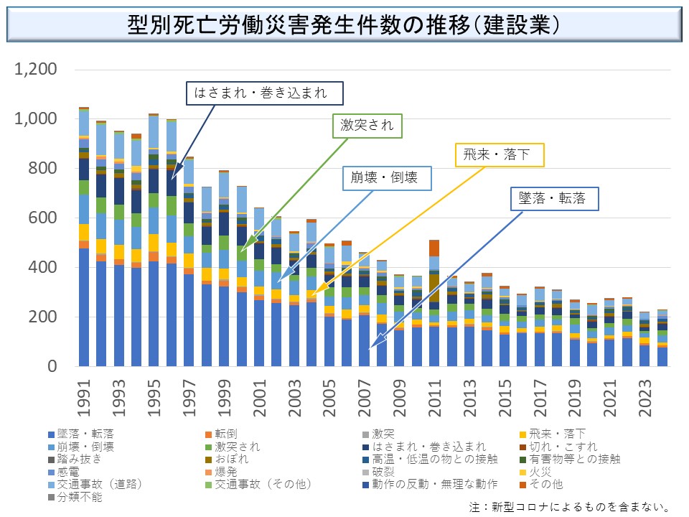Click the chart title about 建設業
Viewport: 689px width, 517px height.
[344, 25]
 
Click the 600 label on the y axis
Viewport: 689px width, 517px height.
[47, 218]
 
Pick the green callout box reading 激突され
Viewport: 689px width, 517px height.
[367, 126]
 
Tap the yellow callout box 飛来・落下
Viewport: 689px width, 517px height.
[500, 154]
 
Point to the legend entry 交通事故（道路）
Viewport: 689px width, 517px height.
[100, 485]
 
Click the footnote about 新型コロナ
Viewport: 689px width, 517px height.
[570, 507]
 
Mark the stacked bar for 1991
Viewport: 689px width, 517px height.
[85, 237]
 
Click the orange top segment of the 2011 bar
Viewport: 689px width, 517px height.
[433, 248]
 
